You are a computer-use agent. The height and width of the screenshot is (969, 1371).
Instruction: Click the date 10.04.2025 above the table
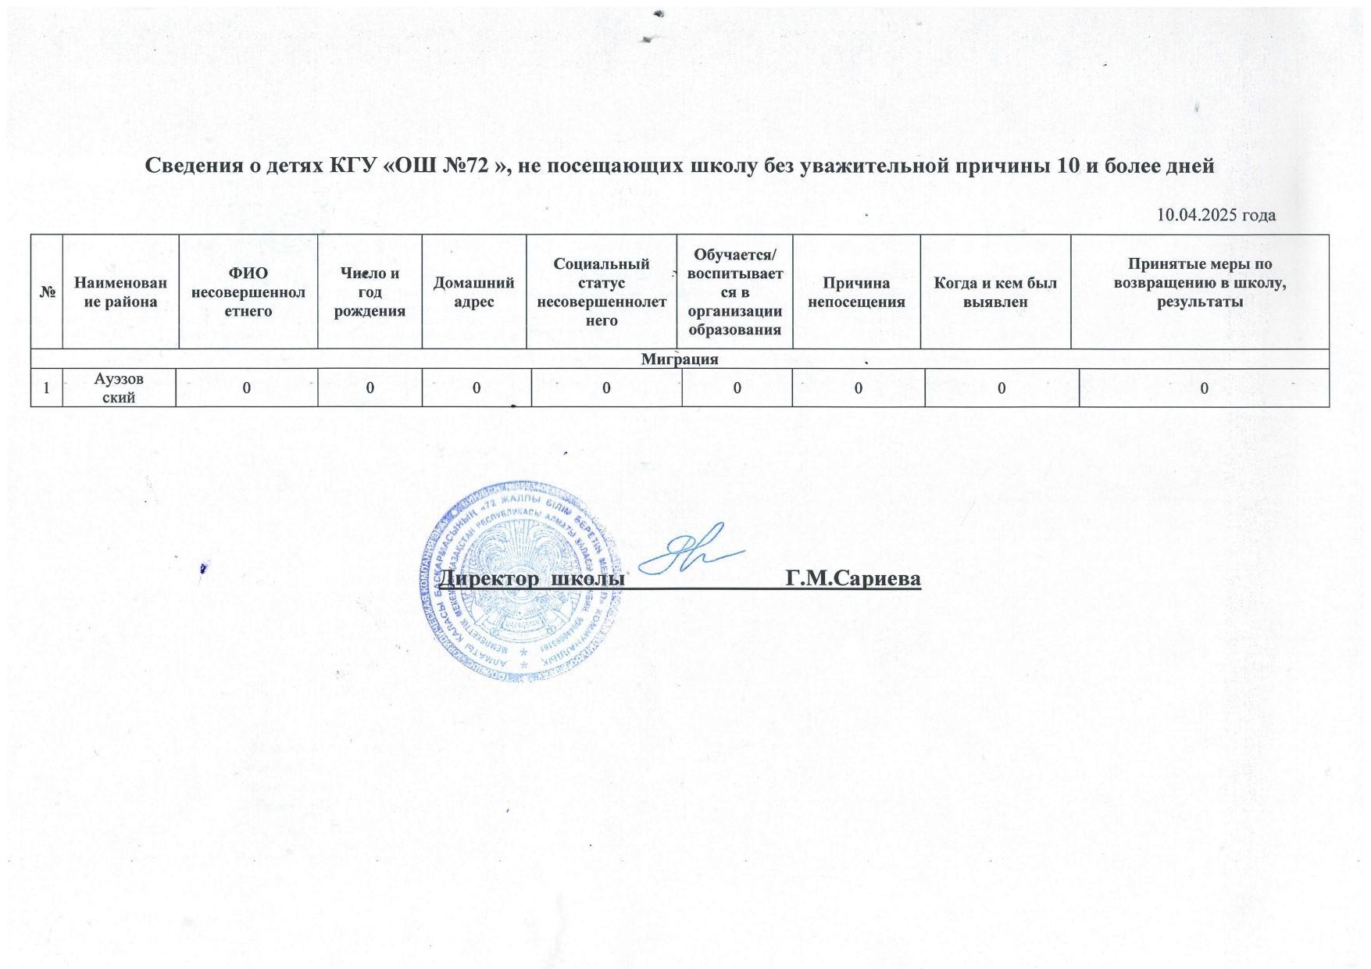1216,216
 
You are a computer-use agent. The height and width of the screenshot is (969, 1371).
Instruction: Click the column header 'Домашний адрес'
473,292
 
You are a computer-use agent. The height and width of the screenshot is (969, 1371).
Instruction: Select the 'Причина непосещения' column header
856,292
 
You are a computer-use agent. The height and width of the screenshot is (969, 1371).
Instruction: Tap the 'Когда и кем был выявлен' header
995,292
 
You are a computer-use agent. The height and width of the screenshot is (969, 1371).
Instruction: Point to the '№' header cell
46,292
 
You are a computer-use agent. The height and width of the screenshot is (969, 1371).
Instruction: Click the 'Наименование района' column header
120,292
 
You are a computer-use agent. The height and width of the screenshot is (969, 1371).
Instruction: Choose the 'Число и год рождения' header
370,292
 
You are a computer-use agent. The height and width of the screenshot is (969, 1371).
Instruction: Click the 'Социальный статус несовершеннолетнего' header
602,292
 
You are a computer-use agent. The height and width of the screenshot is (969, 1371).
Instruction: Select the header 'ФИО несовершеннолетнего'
248,292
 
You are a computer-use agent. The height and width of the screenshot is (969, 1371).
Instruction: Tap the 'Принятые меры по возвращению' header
1199,283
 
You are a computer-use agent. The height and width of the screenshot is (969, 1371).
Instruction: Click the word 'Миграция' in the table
680,359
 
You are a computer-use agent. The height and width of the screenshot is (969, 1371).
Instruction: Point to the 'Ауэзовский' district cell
120,388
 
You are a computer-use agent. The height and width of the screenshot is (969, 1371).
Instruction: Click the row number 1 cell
47,388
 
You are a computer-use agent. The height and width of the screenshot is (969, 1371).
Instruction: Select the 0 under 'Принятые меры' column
1204,388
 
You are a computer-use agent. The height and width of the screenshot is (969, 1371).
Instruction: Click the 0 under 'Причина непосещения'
858,388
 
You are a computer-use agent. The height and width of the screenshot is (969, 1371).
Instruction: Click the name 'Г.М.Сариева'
854,579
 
